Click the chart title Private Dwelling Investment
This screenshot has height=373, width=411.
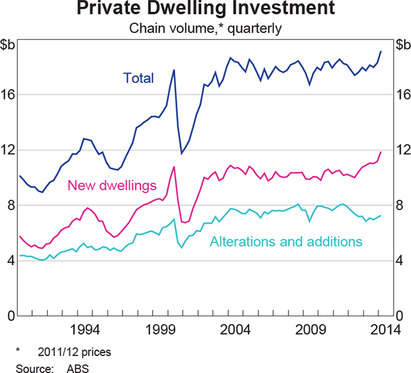point(206,10)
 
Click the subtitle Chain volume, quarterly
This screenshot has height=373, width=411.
point(206,29)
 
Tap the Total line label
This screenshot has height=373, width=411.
point(138,78)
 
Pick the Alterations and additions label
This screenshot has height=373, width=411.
point(286,242)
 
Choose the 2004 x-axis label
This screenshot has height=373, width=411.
point(232,328)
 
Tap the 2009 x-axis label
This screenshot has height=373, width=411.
point(306,328)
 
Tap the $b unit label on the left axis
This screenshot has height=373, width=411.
point(10,46)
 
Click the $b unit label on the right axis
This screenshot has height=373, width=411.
point(400,46)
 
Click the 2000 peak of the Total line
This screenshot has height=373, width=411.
point(174,70)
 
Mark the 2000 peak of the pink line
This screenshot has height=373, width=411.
point(174,166)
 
